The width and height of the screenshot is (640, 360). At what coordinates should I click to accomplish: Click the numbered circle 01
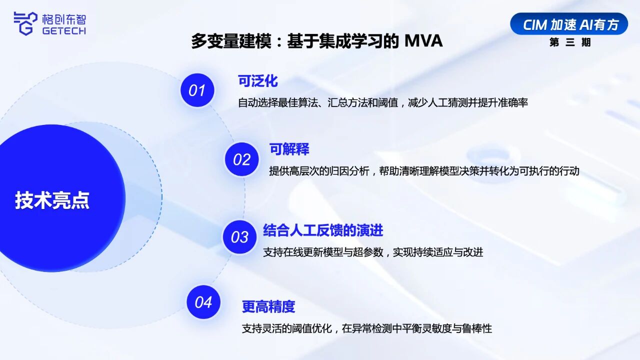pyautogui.click(x=197, y=90)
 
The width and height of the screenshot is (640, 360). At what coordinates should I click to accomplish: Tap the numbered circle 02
pyautogui.click(x=241, y=159)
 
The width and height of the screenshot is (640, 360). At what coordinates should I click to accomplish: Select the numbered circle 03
pyautogui.click(x=239, y=237)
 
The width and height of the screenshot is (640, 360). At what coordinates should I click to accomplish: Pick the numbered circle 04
pyautogui.click(x=203, y=302)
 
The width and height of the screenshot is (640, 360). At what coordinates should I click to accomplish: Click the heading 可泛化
pyautogui.click(x=258, y=81)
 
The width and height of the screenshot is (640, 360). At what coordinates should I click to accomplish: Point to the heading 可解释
pyautogui.click(x=289, y=149)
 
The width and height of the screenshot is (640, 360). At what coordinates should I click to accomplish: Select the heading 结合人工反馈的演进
pyautogui.click(x=323, y=230)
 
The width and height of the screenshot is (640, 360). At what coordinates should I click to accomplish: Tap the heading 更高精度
pyautogui.click(x=268, y=306)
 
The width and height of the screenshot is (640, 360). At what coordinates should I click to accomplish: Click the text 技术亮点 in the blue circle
pyautogui.click(x=52, y=200)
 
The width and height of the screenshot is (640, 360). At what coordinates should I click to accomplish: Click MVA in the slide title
pyautogui.click(x=423, y=41)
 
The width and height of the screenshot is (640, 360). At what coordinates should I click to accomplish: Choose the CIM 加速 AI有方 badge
pyautogui.click(x=569, y=24)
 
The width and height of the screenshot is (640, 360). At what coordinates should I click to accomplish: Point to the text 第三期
pyautogui.click(x=570, y=42)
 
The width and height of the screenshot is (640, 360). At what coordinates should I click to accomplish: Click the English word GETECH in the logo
pyautogui.click(x=64, y=31)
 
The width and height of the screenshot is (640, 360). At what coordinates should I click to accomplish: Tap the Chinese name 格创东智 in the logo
pyautogui.click(x=64, y=19)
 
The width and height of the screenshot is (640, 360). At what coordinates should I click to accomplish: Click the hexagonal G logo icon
pyautogui.click(x=25, y=23)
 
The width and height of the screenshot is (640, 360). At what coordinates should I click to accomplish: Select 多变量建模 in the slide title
pyautogui.click(x=231, y=41)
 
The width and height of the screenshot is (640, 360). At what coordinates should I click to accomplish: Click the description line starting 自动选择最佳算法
pyautogui.click(x=383, y=102)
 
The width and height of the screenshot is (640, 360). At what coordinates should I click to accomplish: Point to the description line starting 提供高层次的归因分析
pyautogui.click(x=424, y=171)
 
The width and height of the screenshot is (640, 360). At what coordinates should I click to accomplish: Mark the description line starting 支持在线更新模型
pyautogui.click(x=373, y=252)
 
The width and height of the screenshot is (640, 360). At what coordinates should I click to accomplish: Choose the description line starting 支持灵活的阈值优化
pyautogui.click(x=367, y=328)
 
